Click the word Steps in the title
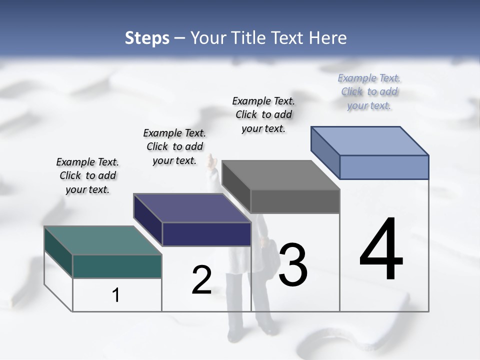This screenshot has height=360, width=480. click(x=147, y=38)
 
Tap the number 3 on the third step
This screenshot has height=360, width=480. click(x=292, y=264)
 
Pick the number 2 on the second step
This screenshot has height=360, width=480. click(x=201, y=280)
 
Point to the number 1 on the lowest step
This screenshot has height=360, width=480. click(x=116, y=295)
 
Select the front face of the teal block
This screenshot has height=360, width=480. click(x=117, y=266)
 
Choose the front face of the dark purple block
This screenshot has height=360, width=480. click(x=206, y=234)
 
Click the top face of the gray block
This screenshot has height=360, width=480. click(x=280, y=175)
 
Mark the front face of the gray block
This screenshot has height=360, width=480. click(x=295, y=201)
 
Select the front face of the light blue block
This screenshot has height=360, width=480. click(x=384, y=167)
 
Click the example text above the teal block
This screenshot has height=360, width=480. click(x=87, y=175)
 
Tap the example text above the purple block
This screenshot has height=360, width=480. click(x=174, y=146)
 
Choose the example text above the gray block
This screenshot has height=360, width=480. click(x=263, y=114)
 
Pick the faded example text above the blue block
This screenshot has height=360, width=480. click(x=369, y=91)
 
